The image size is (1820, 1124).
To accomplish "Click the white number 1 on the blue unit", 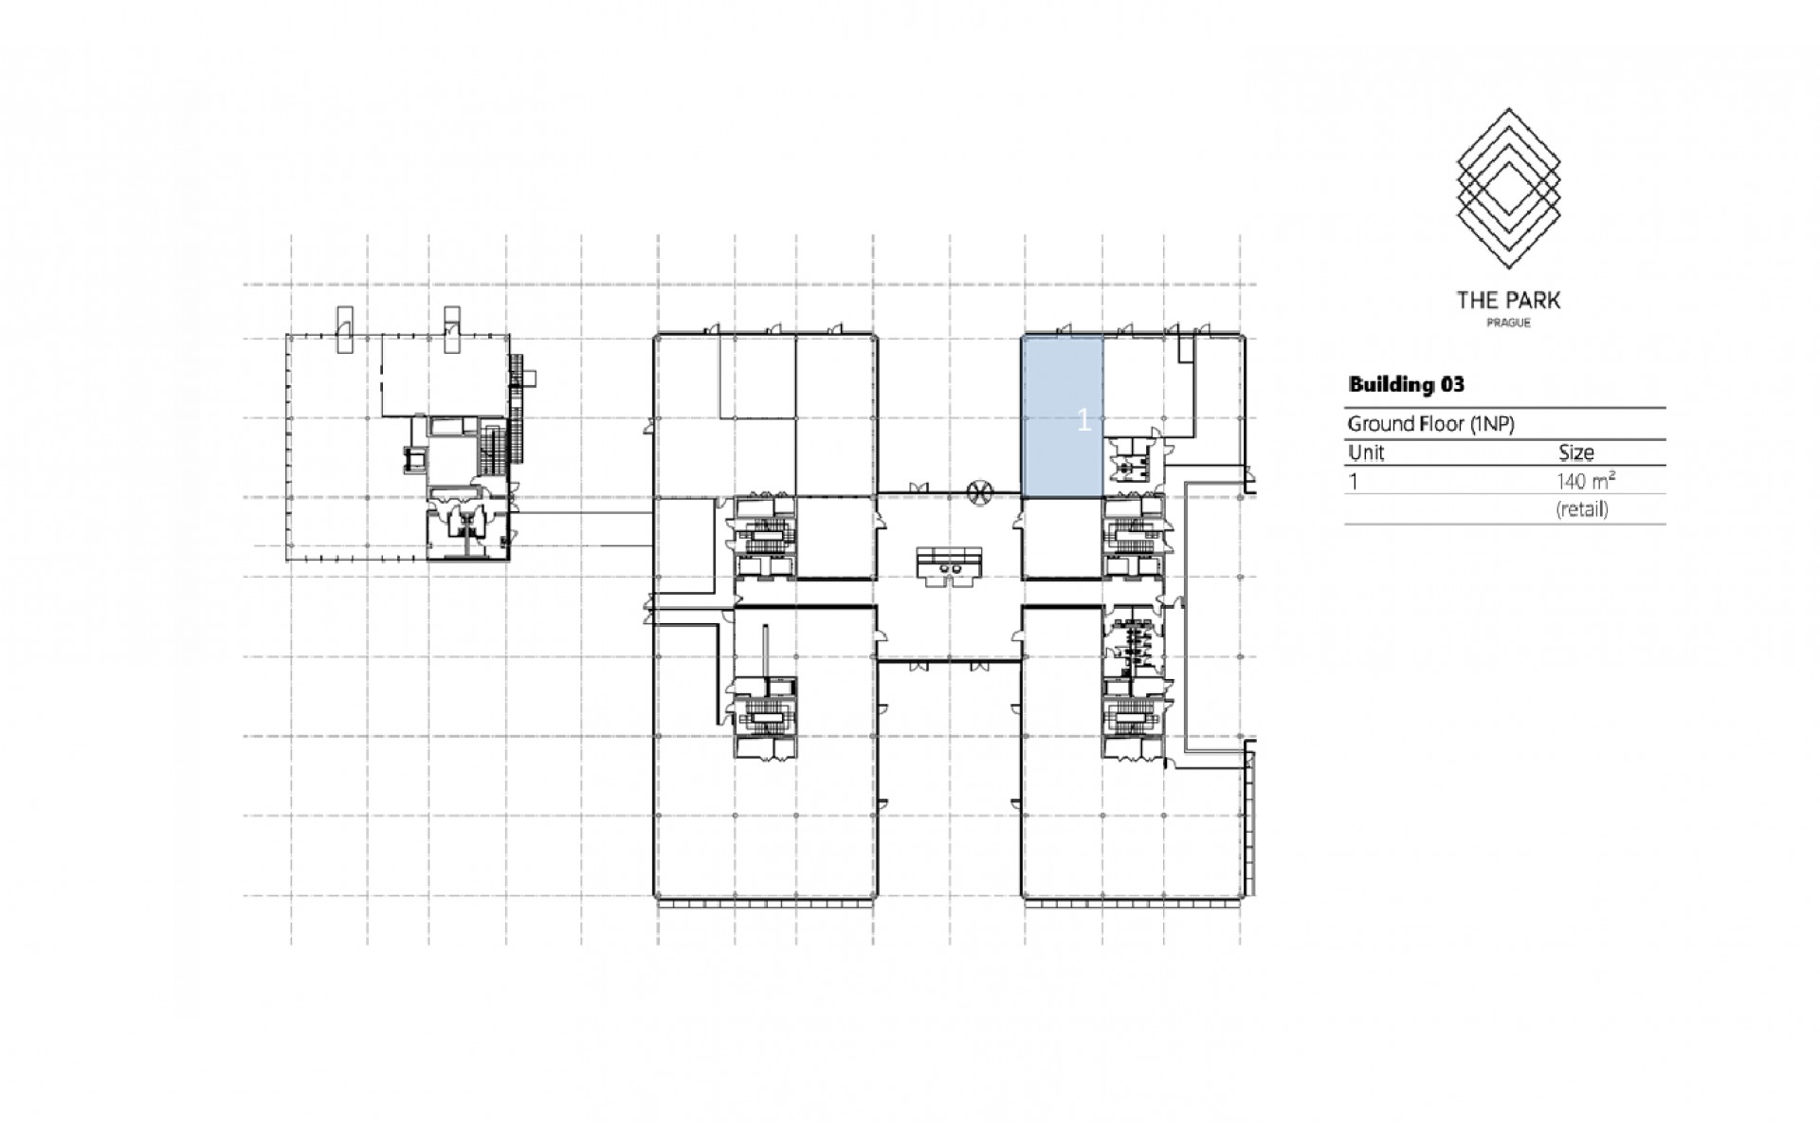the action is [x=1085, y=420].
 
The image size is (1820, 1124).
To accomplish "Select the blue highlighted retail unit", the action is [x=1062, y=416].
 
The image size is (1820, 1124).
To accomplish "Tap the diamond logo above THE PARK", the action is [x=1508, y=190].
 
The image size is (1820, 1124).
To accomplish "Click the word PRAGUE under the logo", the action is [x=1508, y=323].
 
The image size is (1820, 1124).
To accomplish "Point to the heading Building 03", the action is [x=1406, y=384].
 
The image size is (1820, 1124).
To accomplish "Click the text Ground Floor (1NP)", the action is [x=1430, y=424].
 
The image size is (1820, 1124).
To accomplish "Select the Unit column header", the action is [x=1366, y=452].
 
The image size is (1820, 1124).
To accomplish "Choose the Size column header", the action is [x=1576, y=452].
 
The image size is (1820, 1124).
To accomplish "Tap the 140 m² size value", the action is [x=1585, y=481].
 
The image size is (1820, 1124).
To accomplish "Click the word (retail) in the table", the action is [x=1582, y=509].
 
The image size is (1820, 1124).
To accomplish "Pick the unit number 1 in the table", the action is [x=1354, y=481].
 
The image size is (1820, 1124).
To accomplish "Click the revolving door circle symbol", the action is [x=979, y=491].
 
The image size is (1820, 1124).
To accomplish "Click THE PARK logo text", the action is [x=1508, y=301].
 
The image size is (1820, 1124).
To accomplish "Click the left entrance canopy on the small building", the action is [x=343, y=328].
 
